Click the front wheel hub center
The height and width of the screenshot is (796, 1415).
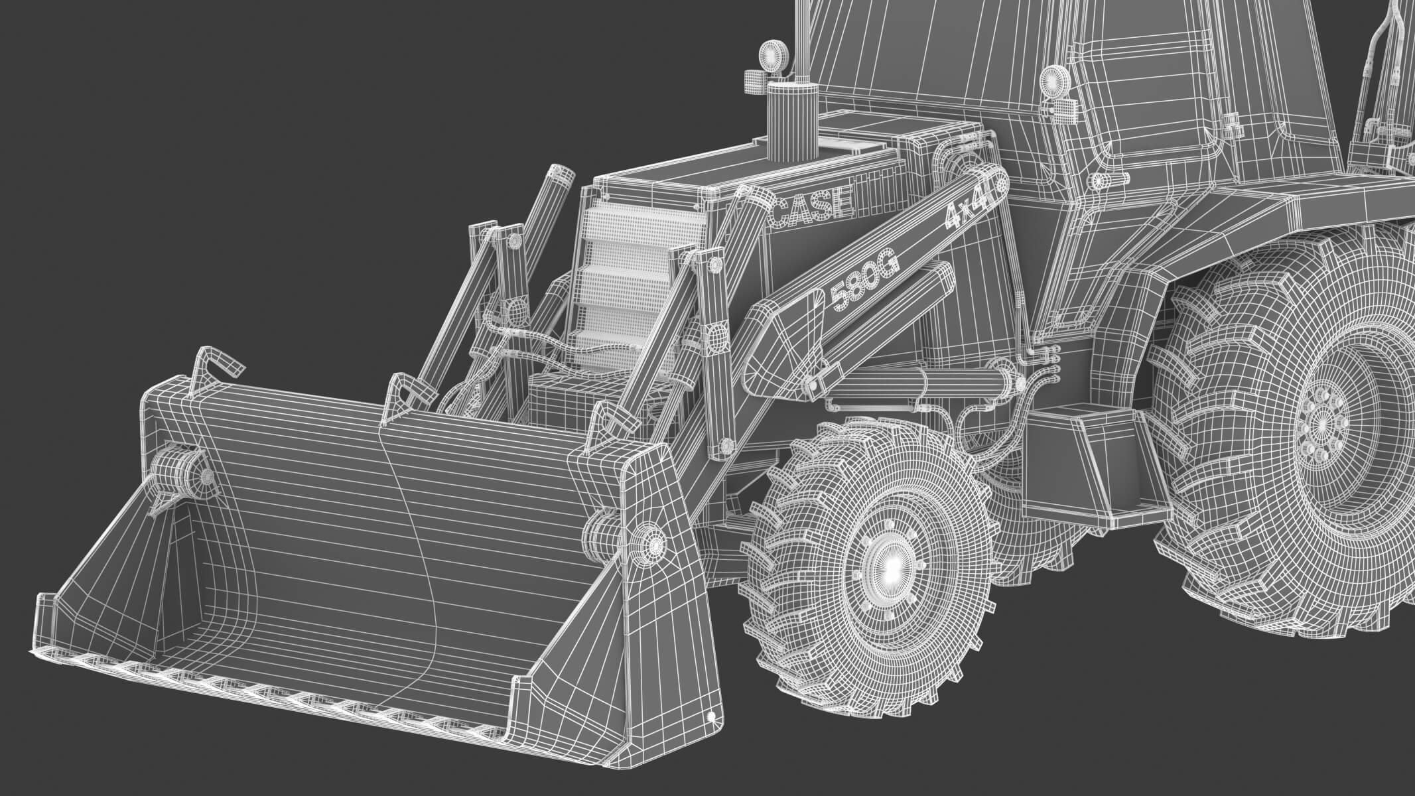point(891,564)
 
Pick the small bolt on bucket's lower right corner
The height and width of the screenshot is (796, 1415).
point(711,716)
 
